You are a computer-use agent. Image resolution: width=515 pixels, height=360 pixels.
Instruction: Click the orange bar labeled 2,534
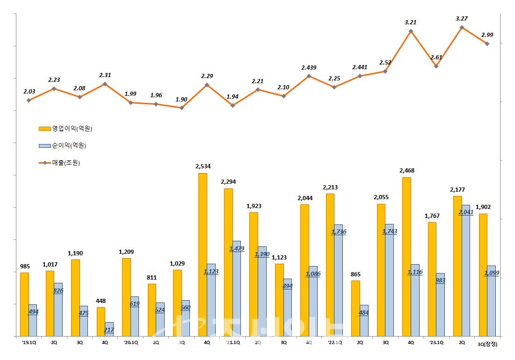pos(203,255)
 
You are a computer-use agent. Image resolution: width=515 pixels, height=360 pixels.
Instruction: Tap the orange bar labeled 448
pos(101,322)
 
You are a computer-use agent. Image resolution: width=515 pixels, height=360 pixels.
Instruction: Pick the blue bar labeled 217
pos(109,329)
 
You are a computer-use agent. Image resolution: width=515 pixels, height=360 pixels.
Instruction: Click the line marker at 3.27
pos(462,28)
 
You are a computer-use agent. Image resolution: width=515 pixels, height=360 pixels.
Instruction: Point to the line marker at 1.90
pos(181,108)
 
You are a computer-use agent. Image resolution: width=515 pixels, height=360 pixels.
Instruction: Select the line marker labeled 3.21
pos(411,31)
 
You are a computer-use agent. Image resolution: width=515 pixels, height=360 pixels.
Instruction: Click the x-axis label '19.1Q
pos(28,343)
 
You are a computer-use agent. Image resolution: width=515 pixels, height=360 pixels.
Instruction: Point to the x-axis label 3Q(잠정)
pos(487,344)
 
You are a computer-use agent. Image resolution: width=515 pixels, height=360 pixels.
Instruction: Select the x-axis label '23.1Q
pos(436,343)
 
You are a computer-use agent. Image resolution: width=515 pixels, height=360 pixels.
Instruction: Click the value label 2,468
pos(406,171)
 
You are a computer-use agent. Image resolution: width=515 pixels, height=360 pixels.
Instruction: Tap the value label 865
pos(355,274)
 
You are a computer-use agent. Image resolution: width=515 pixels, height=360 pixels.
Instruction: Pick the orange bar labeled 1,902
pos(483,275)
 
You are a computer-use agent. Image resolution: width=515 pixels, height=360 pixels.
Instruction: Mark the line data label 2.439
pos(309,68)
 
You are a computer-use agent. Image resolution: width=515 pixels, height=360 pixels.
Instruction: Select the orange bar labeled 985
pos(24,304)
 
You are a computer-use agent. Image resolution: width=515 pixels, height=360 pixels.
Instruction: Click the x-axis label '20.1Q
pos(130,343)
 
